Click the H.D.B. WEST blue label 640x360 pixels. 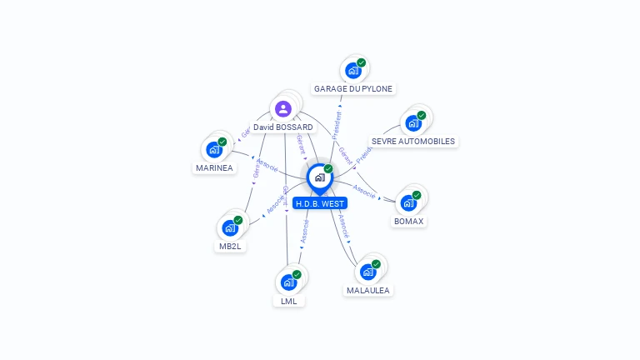[x=320, y=203]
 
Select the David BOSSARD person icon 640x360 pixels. [x=283, y=108]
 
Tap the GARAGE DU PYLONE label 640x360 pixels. [x=352, y=88]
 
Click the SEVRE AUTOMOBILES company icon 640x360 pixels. [x=412, y=123]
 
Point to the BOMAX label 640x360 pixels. [x=409, y=222]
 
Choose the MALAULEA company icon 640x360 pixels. [x=367, y=272]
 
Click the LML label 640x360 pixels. [x=288, y=301]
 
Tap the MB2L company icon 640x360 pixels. [x=230, y=228]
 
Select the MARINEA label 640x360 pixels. [x=214, y=168]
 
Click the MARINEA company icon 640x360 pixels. [x=214, y=150]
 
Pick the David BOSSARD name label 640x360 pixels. [x=283, y=127]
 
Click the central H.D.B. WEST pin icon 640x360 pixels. [x=319, y=177]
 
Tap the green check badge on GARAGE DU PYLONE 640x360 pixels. [x=361, y=62]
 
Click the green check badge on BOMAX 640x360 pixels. [x=417, y=195]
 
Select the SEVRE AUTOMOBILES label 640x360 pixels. [x=413, y=142]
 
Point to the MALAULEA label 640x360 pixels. [x=367, y=290]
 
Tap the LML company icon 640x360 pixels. [x=288, y=282]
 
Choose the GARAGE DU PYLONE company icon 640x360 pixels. [x=352, y=71]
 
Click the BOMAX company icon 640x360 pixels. [x=408, y=203]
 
